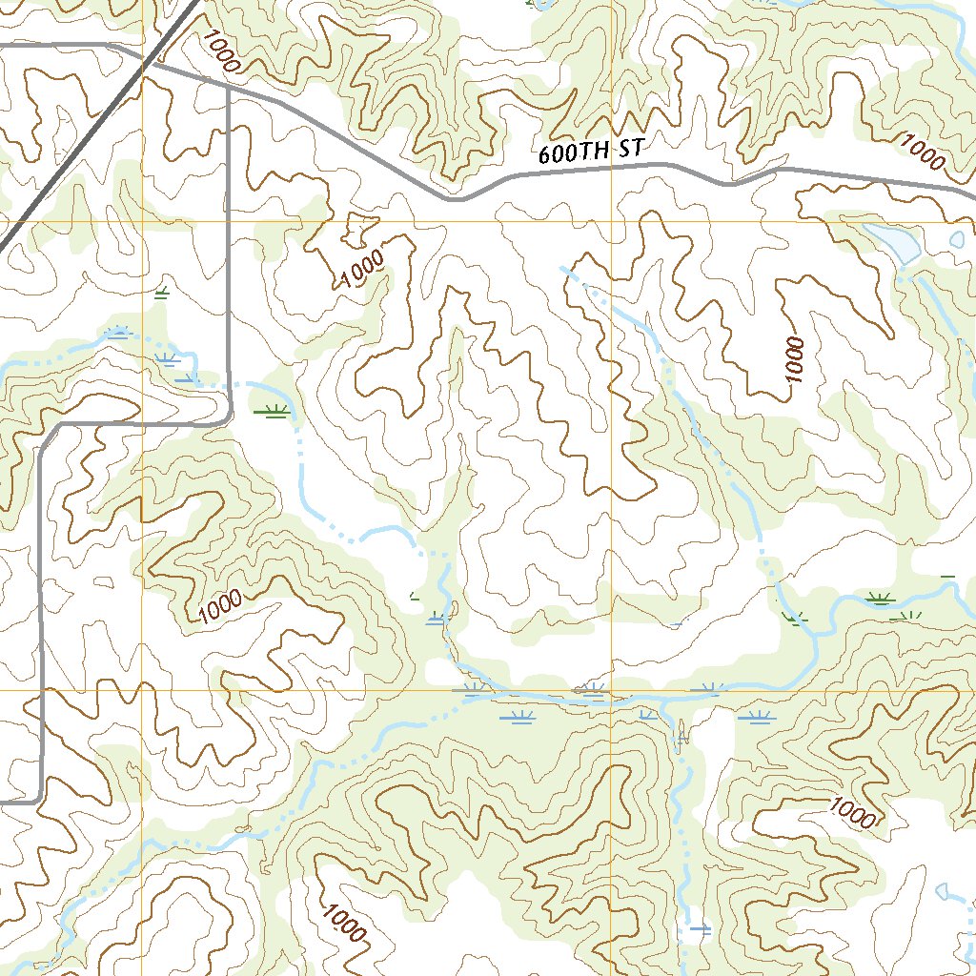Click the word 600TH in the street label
569,152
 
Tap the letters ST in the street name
631,147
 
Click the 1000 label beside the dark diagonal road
218,50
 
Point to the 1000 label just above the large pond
922,152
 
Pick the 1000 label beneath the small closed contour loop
363,269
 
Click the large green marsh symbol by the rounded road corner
274,411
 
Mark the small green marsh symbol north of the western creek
162,290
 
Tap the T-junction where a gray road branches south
229,88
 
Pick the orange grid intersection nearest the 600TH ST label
611,221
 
